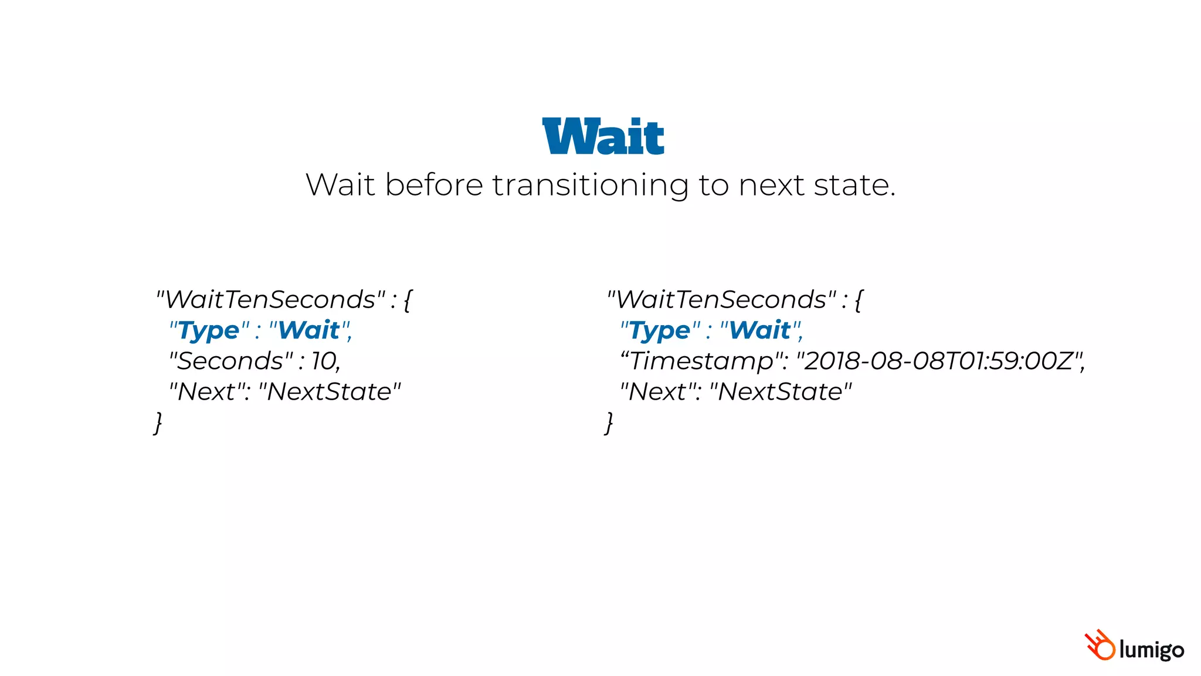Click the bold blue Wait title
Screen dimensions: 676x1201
(x=603, y=137)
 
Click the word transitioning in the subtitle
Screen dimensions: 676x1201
(x=590, y=185)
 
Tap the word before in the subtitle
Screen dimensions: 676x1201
(x=435, y=185)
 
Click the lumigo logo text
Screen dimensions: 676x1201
(x=1151, y=650)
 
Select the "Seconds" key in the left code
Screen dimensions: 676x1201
(x=231, y=361)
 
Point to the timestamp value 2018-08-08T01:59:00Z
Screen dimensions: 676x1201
(x=940, y=361)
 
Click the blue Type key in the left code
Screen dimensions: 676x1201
(x=209, y=330)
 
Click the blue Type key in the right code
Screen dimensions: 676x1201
(x=660, y=330)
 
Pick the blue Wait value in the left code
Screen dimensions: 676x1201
(x=309, y=330)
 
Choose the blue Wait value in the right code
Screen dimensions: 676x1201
(x=760, y=330)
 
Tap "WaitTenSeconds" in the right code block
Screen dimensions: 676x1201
(x=722, y=300)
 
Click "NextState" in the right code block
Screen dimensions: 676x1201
(x=781, y=391)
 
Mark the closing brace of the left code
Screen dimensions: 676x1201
(x=158, y=422)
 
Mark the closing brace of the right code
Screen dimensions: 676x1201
(x=609, y=422)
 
